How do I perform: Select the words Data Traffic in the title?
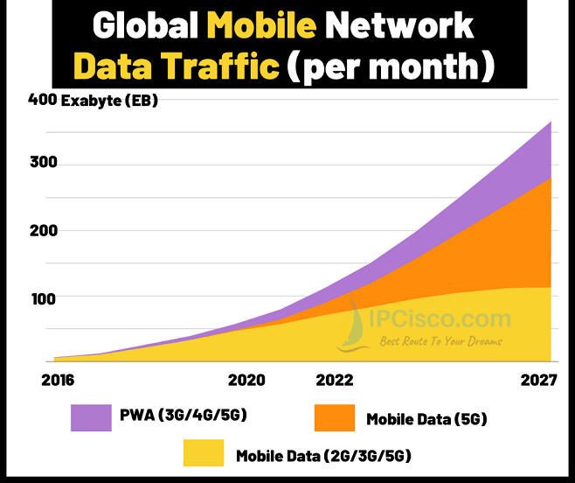[x=175, y=66]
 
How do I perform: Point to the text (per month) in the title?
[x=389, y=66]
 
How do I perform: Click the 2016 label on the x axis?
[x=57, y=381]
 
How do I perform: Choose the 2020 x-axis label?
[x=245, y=381]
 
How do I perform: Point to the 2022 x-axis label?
[x=335, y=381]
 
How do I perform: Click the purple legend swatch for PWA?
[x=91, y=417]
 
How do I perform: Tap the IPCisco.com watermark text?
[x=440, y=319]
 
